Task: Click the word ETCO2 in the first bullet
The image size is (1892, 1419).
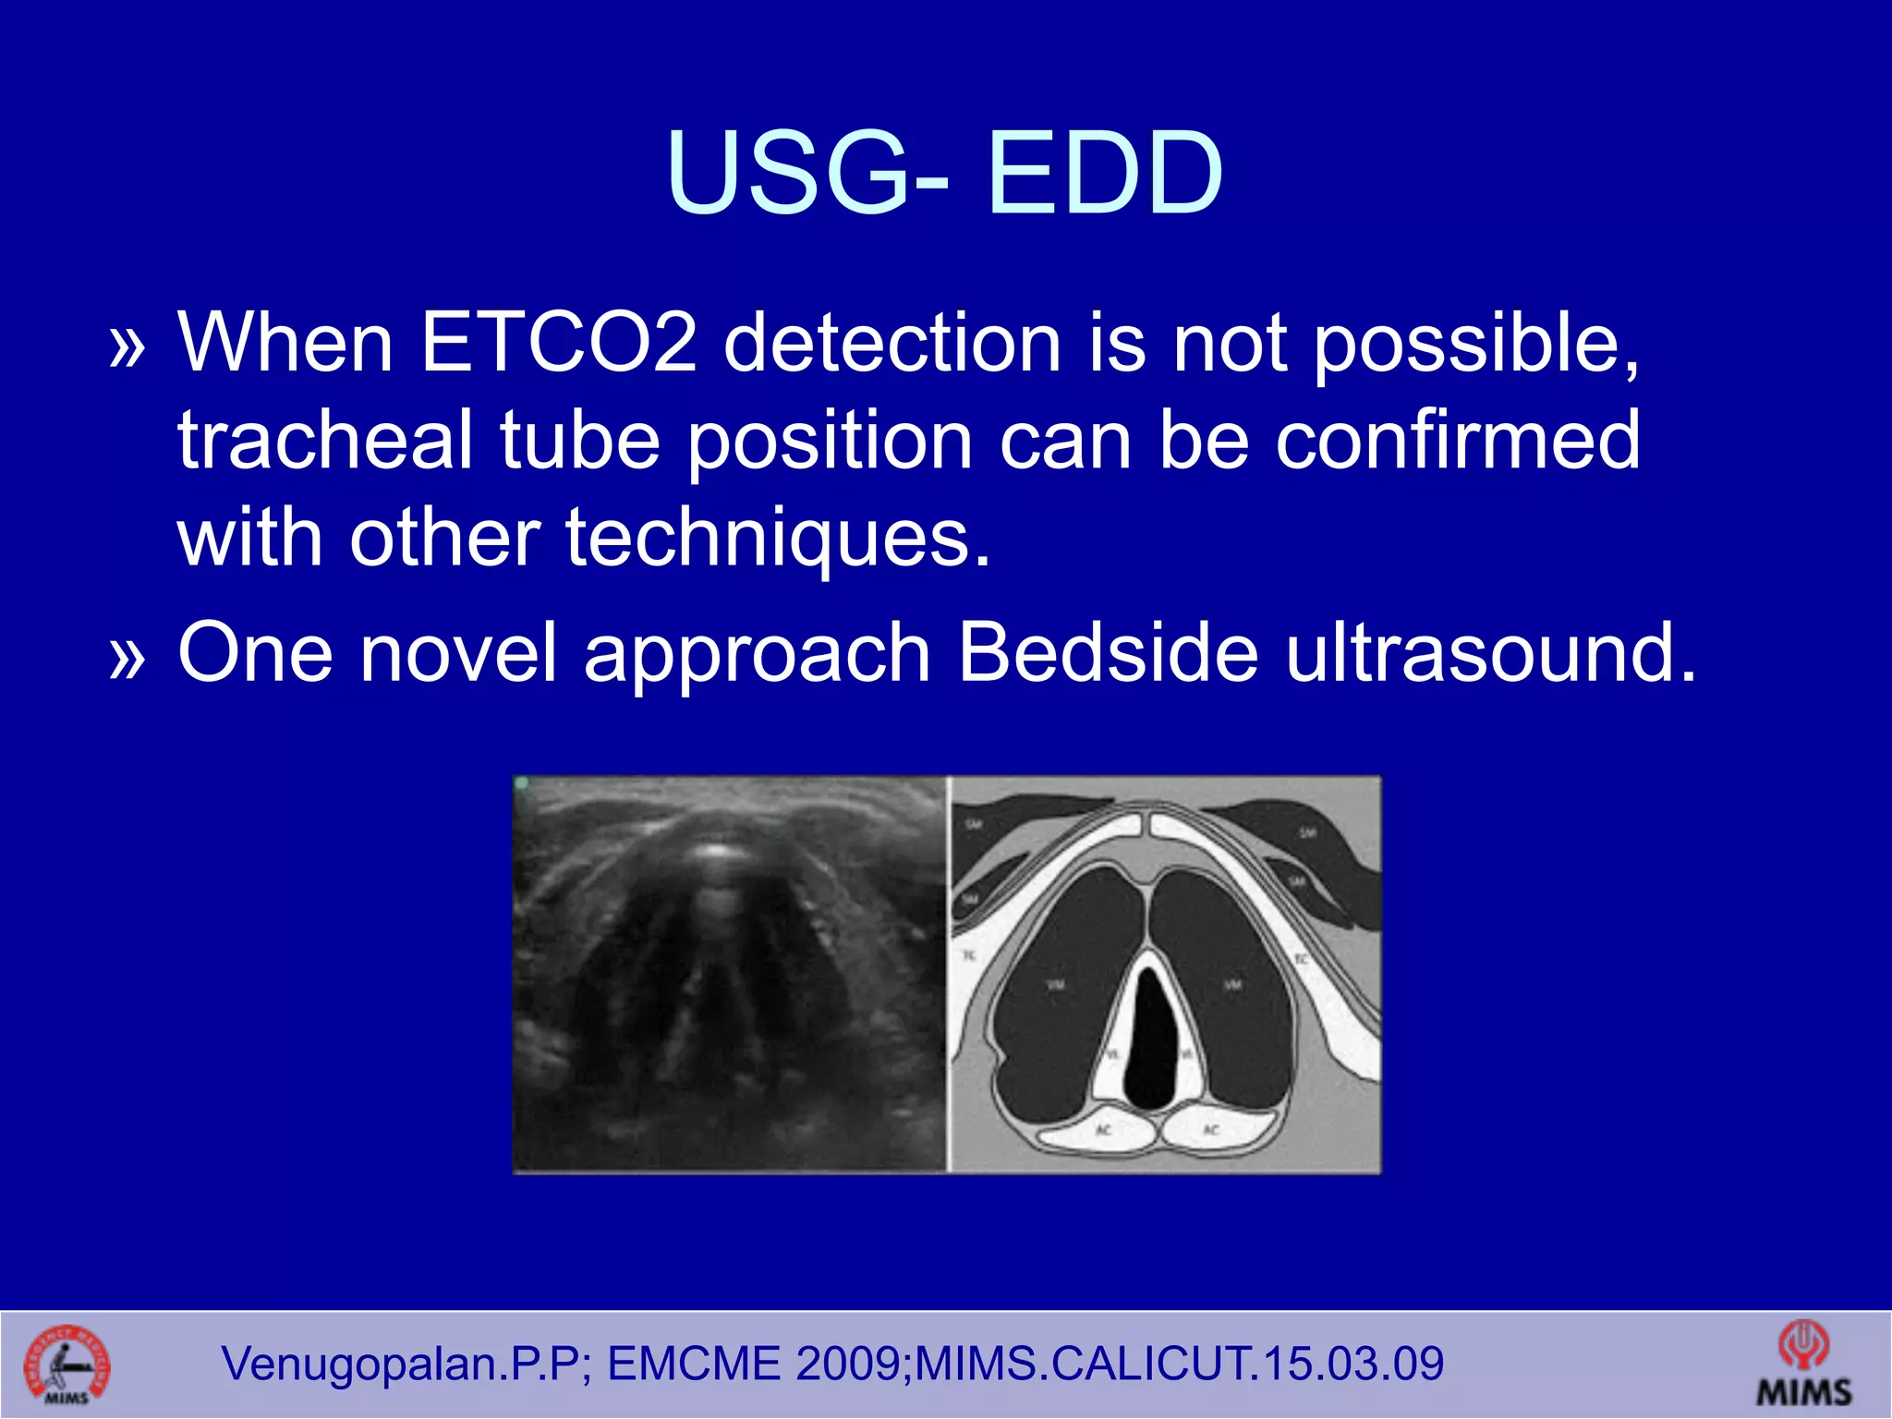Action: point(558,344)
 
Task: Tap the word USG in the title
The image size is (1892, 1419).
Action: point(788,173)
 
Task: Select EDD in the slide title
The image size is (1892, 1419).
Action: point(1104,173)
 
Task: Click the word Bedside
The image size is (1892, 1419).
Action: point(1108,652)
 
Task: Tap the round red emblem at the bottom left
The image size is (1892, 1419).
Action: point(67,1365)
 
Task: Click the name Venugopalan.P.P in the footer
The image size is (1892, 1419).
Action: point(401,1364)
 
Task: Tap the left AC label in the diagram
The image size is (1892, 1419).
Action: point(1103,1131)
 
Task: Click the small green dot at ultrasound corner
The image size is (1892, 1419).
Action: point(522,783)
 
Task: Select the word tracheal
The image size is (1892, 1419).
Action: point(325,441)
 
